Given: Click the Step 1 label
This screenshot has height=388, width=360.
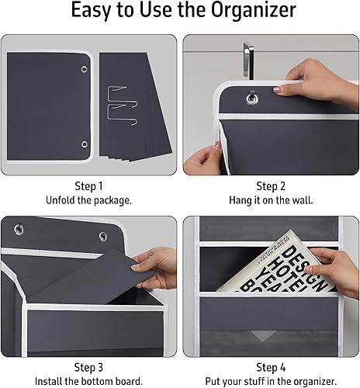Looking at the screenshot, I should [x=88, y=186].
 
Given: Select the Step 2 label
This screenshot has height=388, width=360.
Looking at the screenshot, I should [x=272, y=186].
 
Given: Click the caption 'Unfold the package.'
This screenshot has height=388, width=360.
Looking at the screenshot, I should [x=88, y=199].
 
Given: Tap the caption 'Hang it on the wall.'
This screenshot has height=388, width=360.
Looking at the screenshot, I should [x=272, y=199].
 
